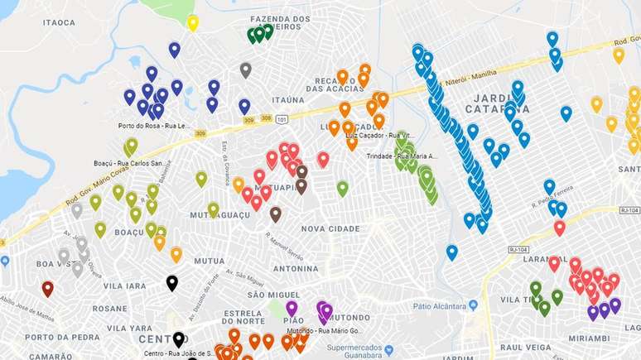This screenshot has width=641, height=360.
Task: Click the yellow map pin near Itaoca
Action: click(x=192, y=22)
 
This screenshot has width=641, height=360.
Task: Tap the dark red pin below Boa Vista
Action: click(x=47, y=288)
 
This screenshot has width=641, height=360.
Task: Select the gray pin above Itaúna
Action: click(x=245, y=70)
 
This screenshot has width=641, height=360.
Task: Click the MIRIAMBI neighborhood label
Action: click(x=594, y=337)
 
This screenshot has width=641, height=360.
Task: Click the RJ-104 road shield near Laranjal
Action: click(x=519, y=249)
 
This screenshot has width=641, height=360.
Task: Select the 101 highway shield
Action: click(x=282, y=119)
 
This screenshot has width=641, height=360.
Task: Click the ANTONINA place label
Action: click(x=296, y=268)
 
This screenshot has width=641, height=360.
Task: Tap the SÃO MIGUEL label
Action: click(x=267, y=294)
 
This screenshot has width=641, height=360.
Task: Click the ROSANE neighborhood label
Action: click(x=110, y=308)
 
